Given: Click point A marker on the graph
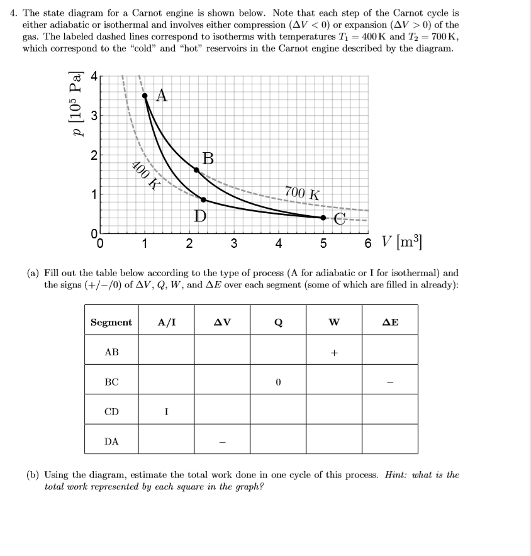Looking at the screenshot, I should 145,96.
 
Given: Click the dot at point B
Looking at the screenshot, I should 196,170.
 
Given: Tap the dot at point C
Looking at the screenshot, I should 323,218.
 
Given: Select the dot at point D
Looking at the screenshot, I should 203,199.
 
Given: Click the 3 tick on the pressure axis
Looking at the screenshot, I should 93,115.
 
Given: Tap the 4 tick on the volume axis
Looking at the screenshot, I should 278,244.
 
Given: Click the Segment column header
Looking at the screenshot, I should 111,323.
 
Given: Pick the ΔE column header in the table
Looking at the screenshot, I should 390,323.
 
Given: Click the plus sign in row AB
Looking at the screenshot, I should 334,353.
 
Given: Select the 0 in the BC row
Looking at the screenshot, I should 278,382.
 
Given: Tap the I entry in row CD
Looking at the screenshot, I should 166,411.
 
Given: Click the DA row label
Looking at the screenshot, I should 111,441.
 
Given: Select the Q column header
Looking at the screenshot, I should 278,323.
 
